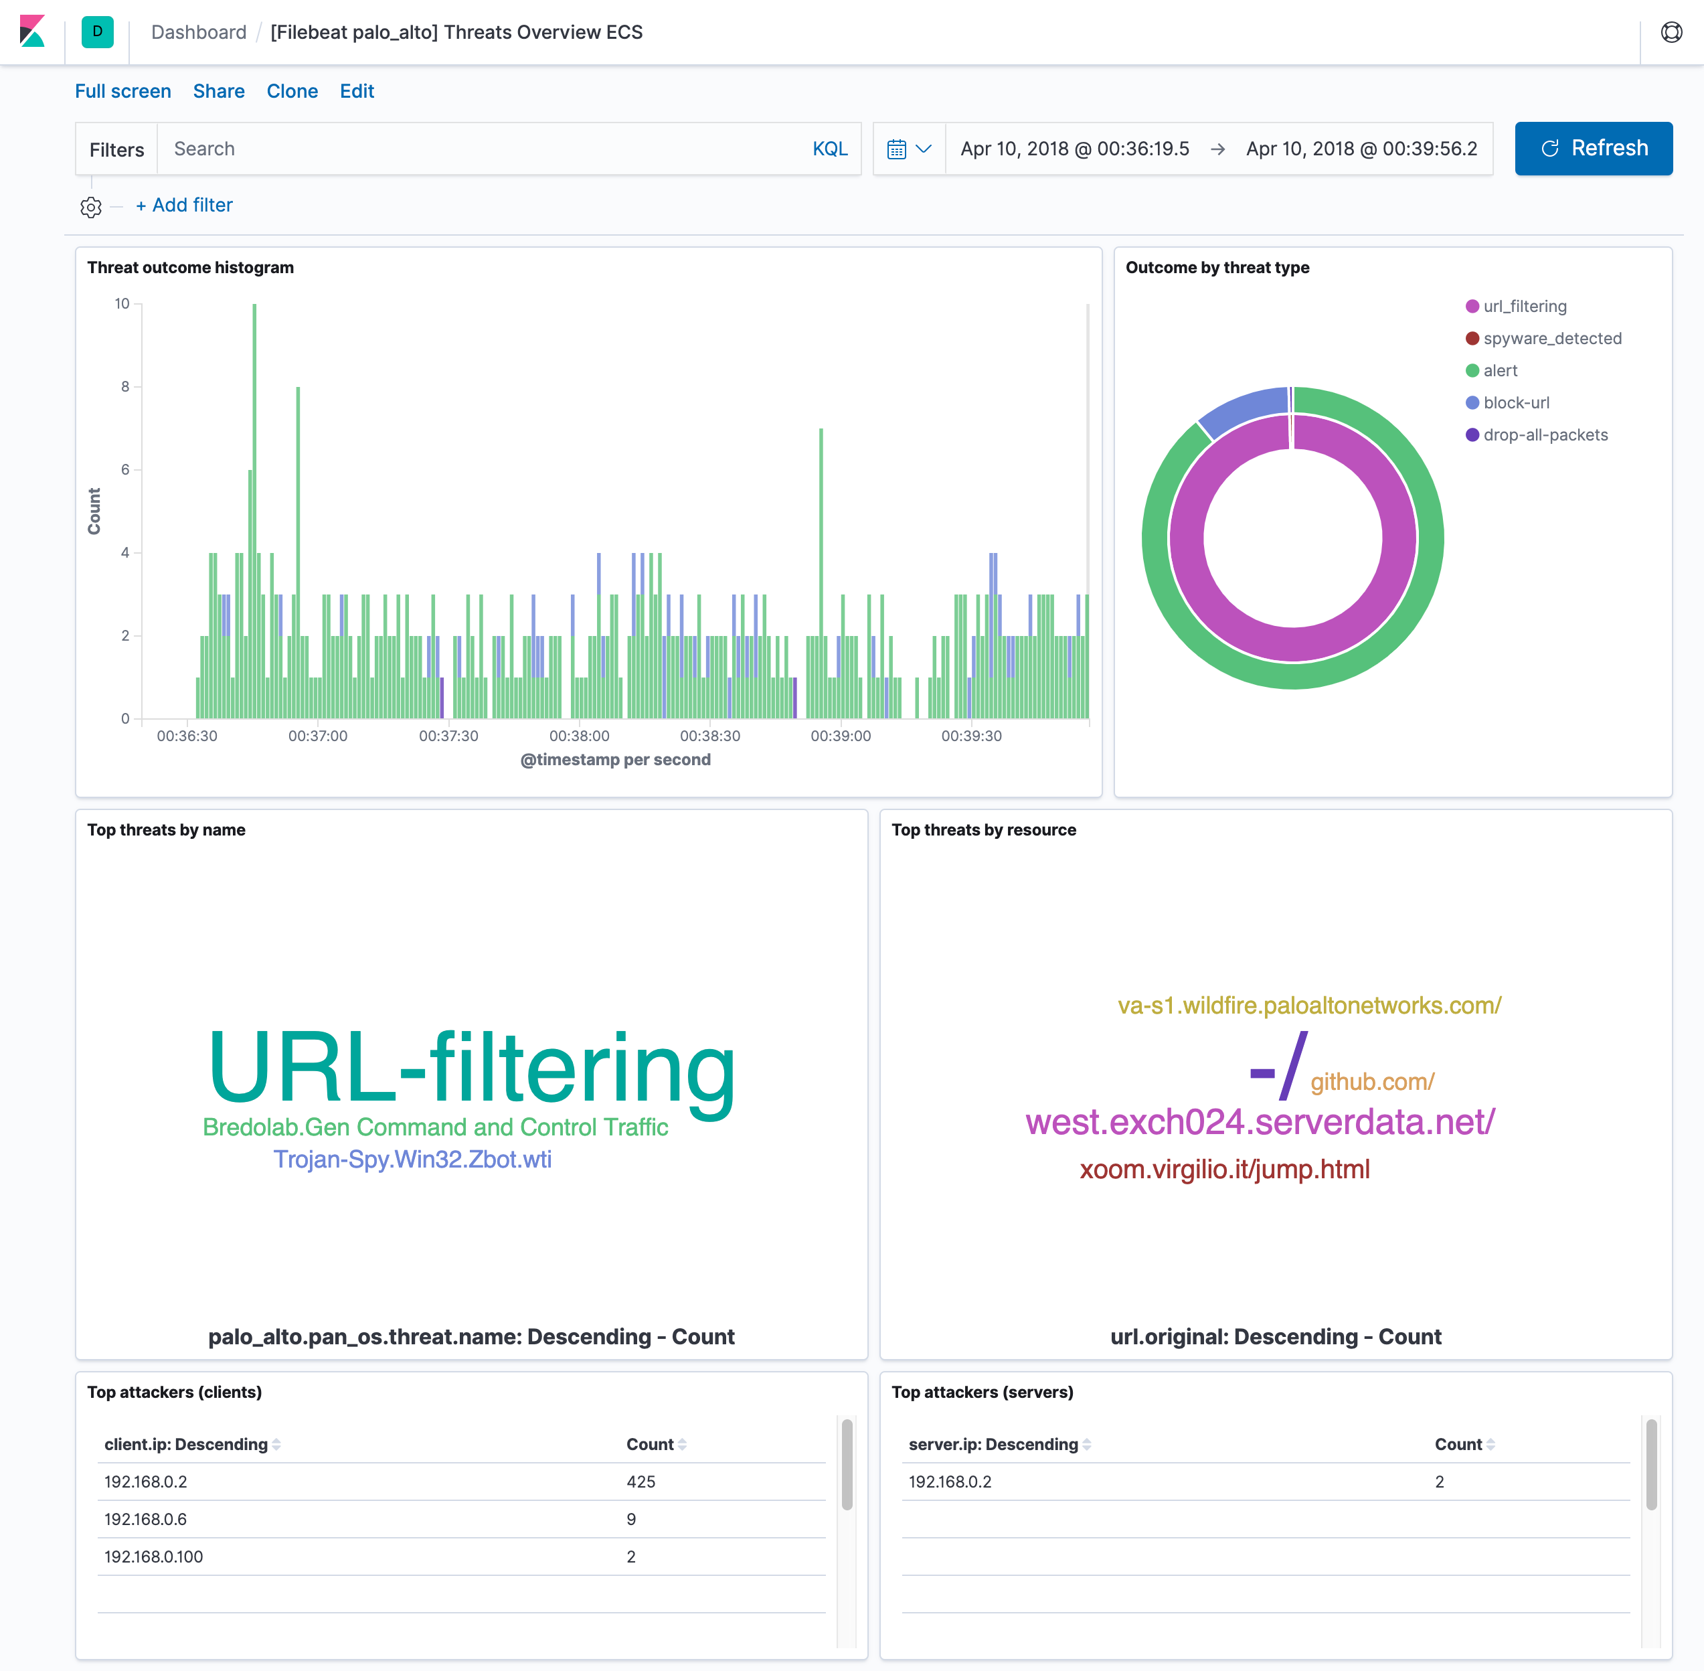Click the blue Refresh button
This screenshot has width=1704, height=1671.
click(1593, 149)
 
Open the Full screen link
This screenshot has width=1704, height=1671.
click(123, 91)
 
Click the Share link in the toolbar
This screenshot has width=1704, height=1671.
click(218, 91)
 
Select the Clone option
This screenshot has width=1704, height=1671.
click(292, 91)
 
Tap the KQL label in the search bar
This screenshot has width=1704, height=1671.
click(829, 149)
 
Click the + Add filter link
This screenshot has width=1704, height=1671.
click(184, 206)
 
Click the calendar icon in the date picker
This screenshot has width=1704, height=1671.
click(896, 149)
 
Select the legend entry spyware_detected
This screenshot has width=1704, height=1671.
click(1551, 339)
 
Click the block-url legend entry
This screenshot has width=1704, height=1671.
click(1515, 403)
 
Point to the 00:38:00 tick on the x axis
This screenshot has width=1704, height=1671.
click(579, 736)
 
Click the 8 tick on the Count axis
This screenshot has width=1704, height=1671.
click(125, 387)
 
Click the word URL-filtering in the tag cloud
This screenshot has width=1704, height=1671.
click(472, 1068)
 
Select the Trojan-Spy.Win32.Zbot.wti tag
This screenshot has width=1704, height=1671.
click(412, 1160)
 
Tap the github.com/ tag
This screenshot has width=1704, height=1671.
click(1371, 1082)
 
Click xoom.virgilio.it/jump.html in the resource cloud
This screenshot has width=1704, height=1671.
click(1224, 1169)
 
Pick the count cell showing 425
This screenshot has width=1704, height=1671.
click(641, 1482)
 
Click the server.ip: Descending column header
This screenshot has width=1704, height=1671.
click(993, 1445)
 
